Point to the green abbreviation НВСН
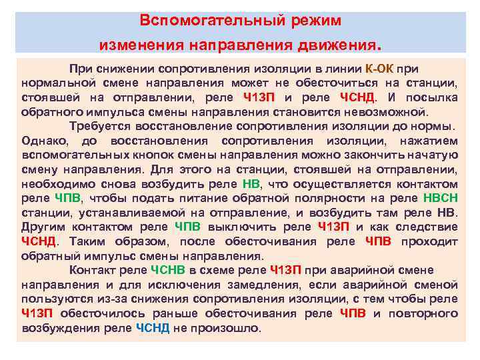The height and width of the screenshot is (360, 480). click(x=440, y=199)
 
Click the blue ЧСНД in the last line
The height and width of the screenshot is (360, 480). click(x=153, y=328)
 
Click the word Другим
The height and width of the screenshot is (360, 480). click(x=43, y=227)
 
